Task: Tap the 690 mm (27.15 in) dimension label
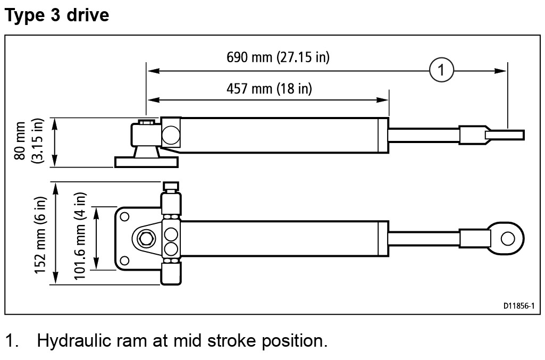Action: [x=278, y=57]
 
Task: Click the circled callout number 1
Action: [x=441, y=70]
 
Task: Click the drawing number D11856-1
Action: [x=518, y=306]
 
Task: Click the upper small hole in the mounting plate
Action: [x=125, y=216]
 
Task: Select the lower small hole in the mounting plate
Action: [x=125, y=260]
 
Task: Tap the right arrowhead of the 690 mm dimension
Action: [x=502, y=70]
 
